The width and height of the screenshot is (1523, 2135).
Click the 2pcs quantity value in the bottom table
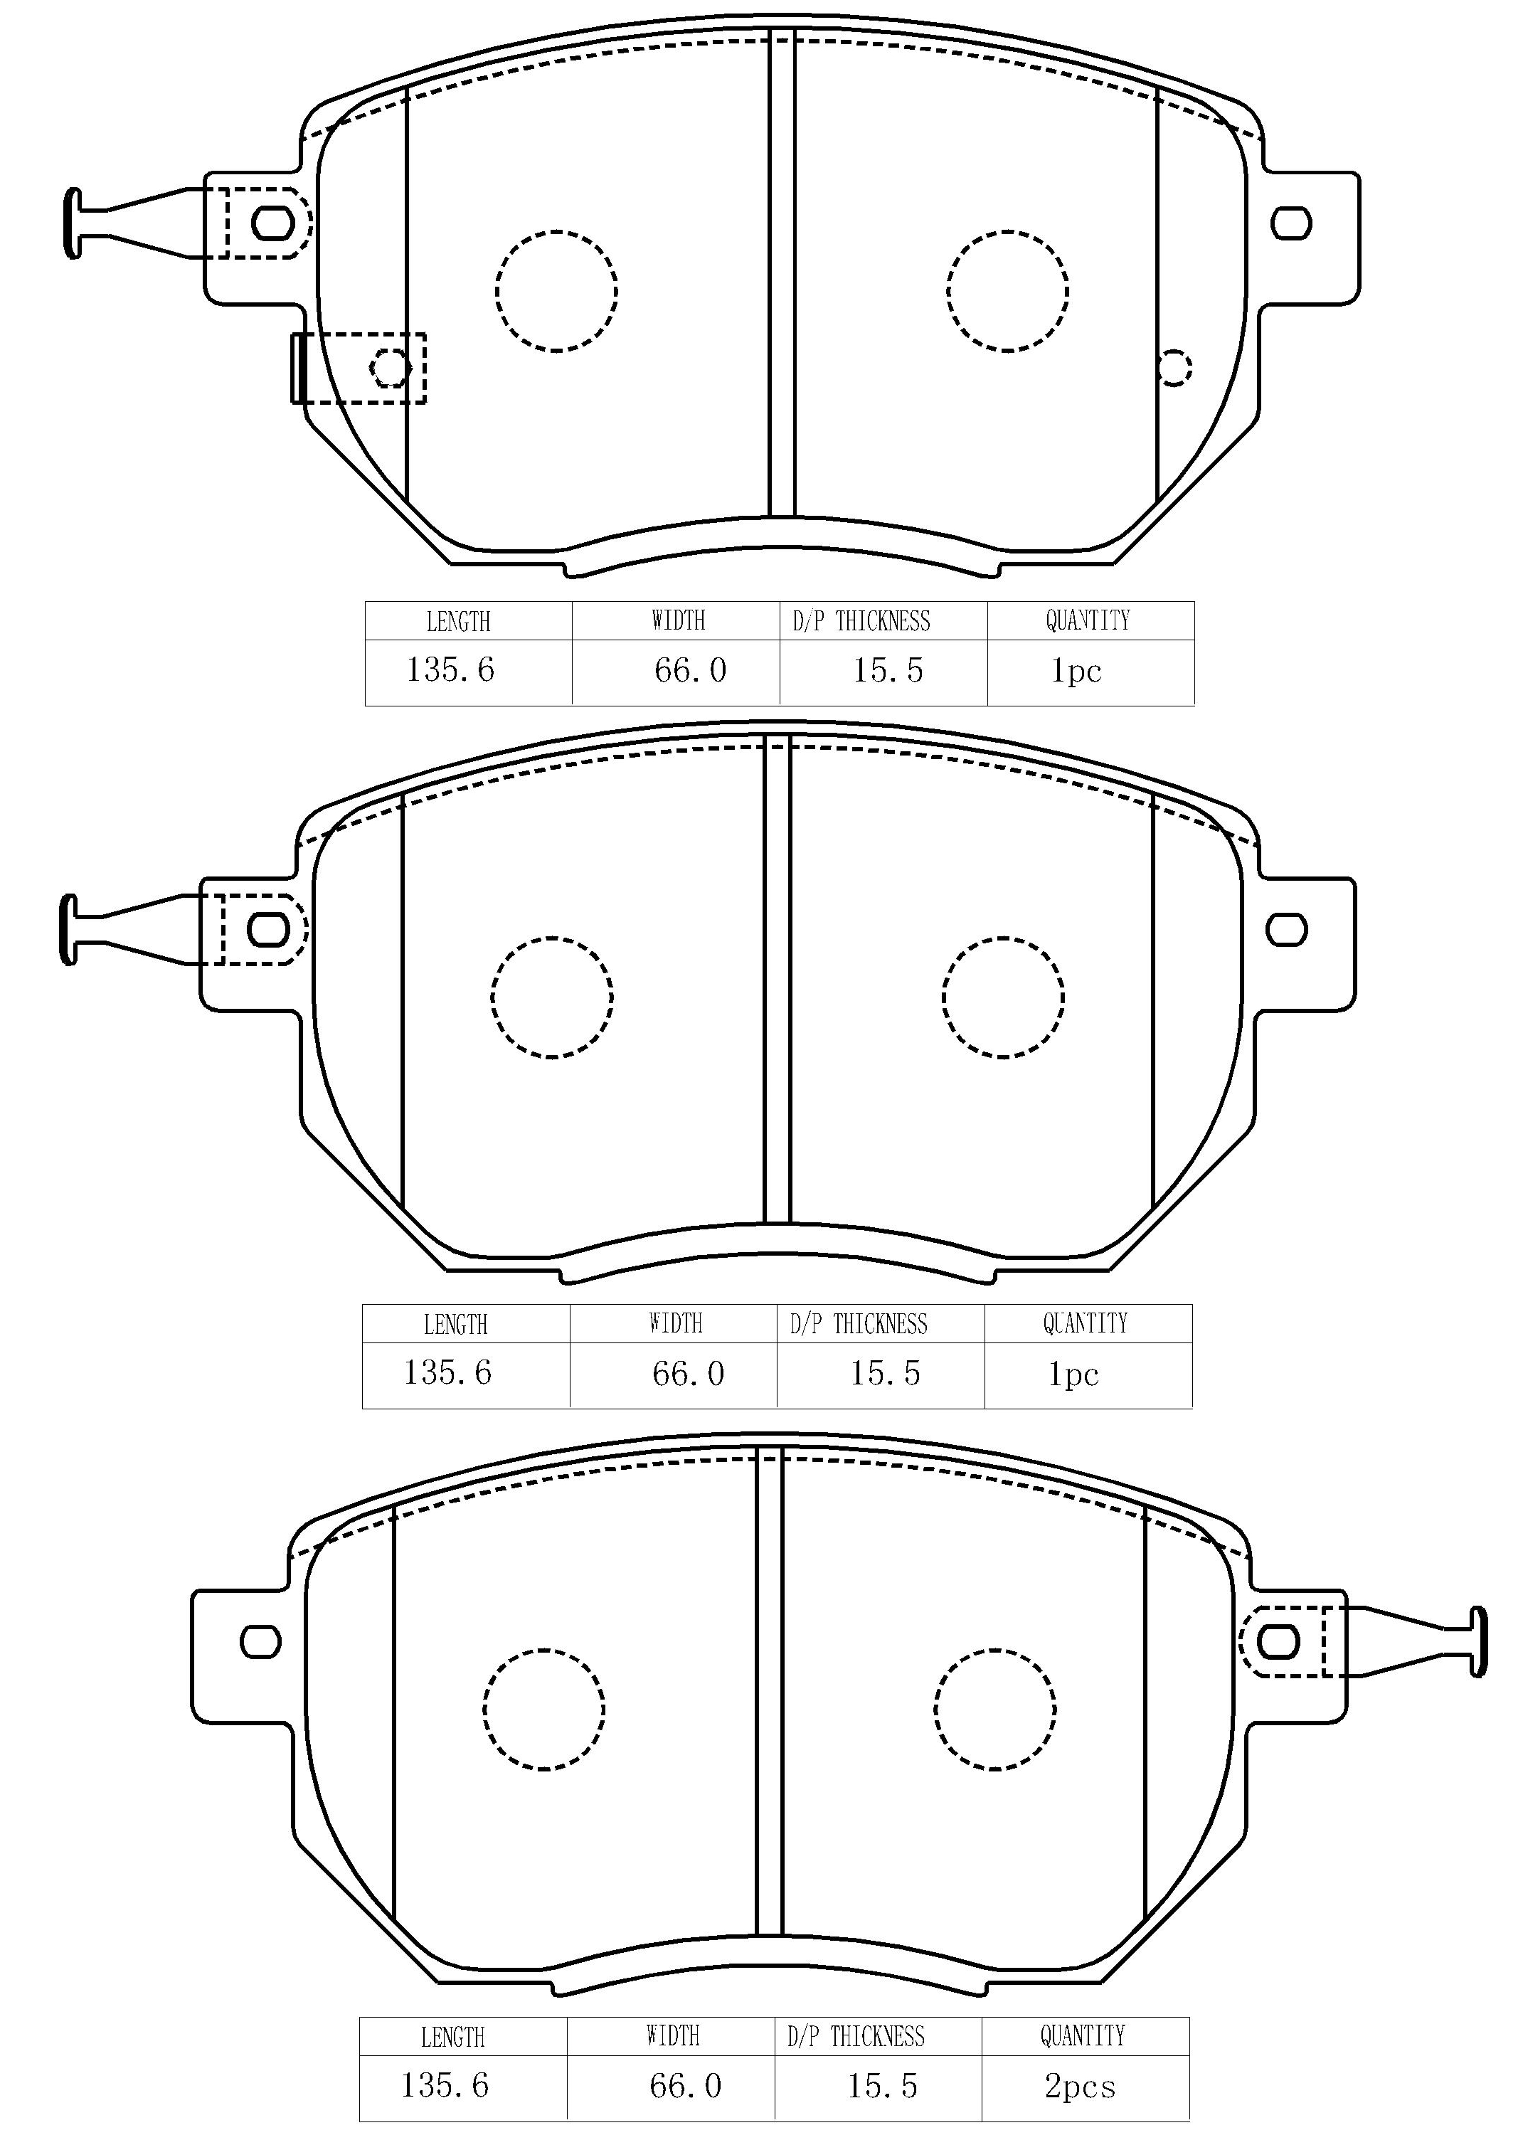tap(1081, 2085)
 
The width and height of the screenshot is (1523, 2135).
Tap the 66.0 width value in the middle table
tap(689, 1374)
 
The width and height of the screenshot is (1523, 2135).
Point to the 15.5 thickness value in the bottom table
tap(883, 2085)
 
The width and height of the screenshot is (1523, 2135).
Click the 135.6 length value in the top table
tap(450, 669)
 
